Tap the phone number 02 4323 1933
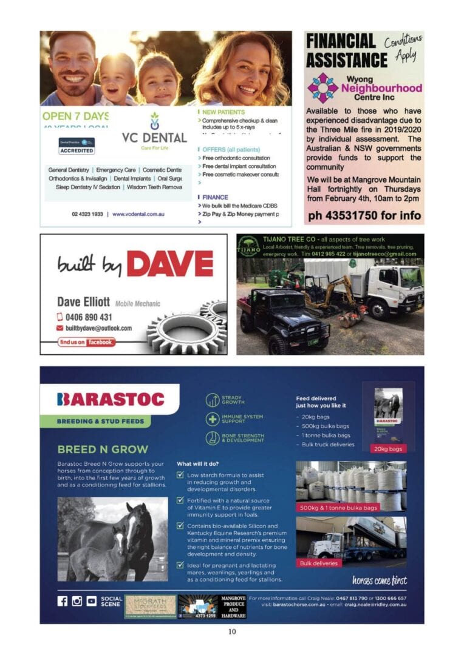coord(86,214)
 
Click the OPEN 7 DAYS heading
coord(75,115)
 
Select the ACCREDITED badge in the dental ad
coord(77,146)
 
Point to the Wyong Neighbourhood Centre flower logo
coord(322,88)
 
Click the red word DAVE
coord(169,264)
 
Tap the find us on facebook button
coord(86,342)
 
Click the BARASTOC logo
coord(111,399)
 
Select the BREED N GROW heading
coord(103,449)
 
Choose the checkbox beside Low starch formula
coord(180,475)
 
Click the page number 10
coord(232,631)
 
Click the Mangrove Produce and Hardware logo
coord(232,606)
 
